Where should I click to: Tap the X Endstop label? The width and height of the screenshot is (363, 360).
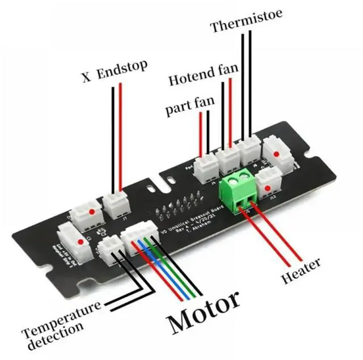click(115, 72)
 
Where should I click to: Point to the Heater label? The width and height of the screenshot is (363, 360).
click(301, 271)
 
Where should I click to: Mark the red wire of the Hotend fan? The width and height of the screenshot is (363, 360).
click(230, 113)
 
